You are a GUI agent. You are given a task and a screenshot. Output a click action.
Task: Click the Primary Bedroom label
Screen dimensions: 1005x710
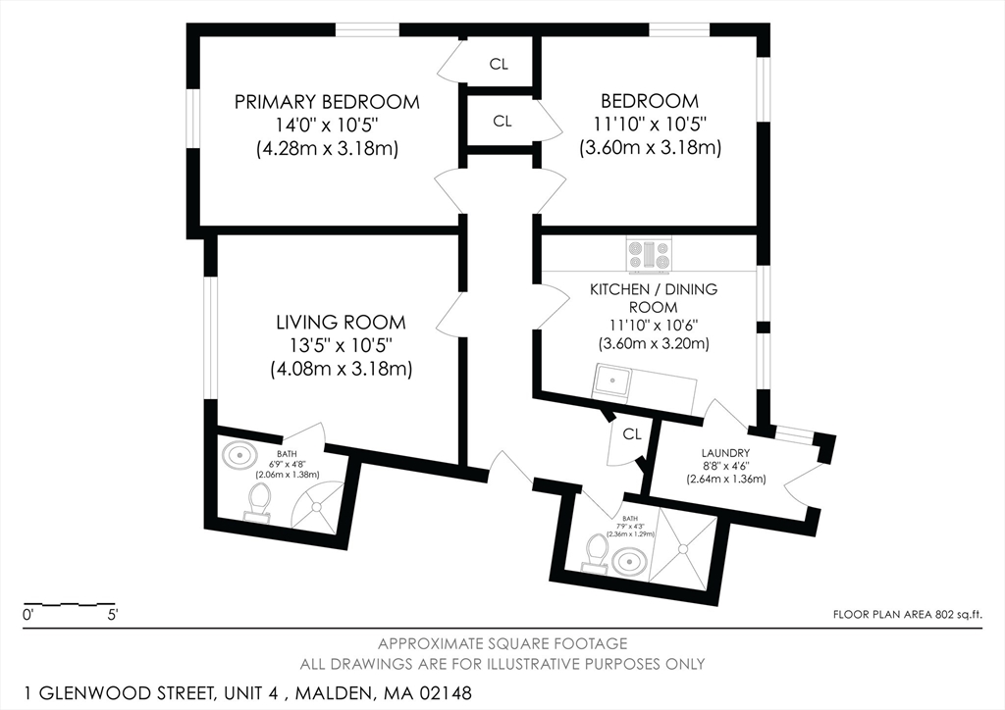pyautogui.click(x=327, y=102)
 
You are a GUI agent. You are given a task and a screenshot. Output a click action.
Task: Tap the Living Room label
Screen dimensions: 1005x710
pyautogui.click(x=341, y=322)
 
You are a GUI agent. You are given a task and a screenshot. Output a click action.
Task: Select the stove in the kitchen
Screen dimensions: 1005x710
pyautogui.click(x=649, y=254)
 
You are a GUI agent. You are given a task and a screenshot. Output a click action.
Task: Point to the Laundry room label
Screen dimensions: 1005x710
pyautogui.click(x=725, y=453)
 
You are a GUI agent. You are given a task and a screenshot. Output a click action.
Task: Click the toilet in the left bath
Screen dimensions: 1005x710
pyautogui.click(x=259, y=500)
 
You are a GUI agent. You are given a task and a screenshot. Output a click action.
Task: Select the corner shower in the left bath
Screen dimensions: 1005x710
pyautogui.click(x=316, y=506)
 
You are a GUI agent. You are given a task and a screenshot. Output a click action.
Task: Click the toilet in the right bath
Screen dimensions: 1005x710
pyautogui.click(x=596, y=552)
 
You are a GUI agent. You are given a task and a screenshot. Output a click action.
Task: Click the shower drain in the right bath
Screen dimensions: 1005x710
pyautogui.click(x=683, y=548)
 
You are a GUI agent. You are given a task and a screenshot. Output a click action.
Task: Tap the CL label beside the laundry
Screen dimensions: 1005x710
pyautogui.click(x=632, y=434)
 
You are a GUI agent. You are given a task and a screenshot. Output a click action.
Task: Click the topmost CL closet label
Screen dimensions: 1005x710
pyautogui.click(x=499, y=64)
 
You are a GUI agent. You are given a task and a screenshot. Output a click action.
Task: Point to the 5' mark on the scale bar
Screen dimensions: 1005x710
pyautogui.click(x=112, y=616)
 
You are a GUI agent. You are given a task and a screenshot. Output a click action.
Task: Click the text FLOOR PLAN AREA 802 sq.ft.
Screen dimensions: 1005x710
pyautogui.click(x=907, y=615)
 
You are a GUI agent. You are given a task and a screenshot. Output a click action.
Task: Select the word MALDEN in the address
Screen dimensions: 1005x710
pyautogui.click(x=335, y=693)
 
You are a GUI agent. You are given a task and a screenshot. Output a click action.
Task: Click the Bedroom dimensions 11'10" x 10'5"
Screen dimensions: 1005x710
pyautogui.click(x=650, y=124)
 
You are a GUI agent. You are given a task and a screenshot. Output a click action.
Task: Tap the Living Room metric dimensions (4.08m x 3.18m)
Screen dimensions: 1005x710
pyautogui.click(x=341, y=370)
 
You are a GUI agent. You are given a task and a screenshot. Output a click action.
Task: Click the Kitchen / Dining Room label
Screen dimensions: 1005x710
pyautogui.click(x=653, y=298)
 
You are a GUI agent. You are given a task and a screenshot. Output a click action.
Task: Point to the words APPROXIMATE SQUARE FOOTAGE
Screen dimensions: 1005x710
pyautogui.click(x=502, y=643)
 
